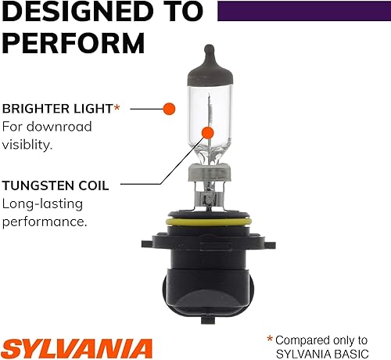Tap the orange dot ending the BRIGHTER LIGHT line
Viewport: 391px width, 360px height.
point(168,108)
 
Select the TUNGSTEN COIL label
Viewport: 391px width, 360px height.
point(55,185)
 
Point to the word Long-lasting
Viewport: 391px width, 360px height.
point(42,205)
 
